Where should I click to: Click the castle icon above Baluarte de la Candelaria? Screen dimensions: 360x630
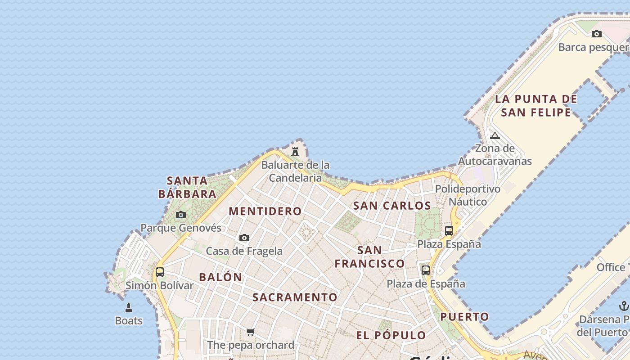pos(295,151)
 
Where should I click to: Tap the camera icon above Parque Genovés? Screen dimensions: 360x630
pos(181,215)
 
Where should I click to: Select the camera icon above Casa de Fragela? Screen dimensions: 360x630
pos(244,238)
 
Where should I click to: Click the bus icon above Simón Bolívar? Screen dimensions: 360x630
pos(160,272)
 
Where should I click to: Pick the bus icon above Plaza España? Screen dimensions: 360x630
pos(449,230)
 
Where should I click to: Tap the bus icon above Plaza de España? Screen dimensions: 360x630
pos(426,270)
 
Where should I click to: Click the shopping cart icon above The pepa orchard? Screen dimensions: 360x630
pos(251,332)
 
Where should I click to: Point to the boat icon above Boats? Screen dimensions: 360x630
pos(129,308)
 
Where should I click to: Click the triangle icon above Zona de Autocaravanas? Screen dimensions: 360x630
pos(495,135)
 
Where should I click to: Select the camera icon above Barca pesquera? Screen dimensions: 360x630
pos(597,34)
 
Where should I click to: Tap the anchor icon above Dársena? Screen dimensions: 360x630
pos(624,306)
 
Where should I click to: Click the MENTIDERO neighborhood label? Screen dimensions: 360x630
pos(265,211)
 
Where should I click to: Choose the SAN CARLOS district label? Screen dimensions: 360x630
pos(392,206)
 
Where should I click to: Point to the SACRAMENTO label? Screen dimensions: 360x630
pos(295,297)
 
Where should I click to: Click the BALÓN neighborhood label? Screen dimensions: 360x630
pos(220,277)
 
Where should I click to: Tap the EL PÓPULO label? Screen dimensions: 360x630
pos(391,335)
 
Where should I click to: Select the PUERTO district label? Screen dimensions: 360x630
pos(464,317)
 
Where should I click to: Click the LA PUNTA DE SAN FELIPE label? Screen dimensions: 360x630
pos(536,105)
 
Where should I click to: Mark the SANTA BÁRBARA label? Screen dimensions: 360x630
pos(187,187)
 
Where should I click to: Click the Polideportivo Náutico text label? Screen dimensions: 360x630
pos(468,195)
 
